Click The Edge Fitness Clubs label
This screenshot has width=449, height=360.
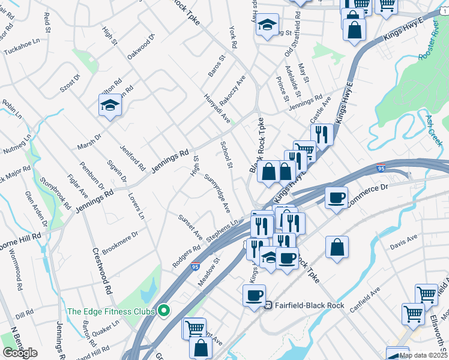[110, 311]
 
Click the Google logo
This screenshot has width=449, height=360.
[20, 353]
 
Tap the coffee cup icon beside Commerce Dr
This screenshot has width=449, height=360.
[337, 197]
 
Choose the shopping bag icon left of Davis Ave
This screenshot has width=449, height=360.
[338, 246]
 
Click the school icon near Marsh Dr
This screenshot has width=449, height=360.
[110, 105]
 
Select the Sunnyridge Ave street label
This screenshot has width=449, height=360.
[217, 194]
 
